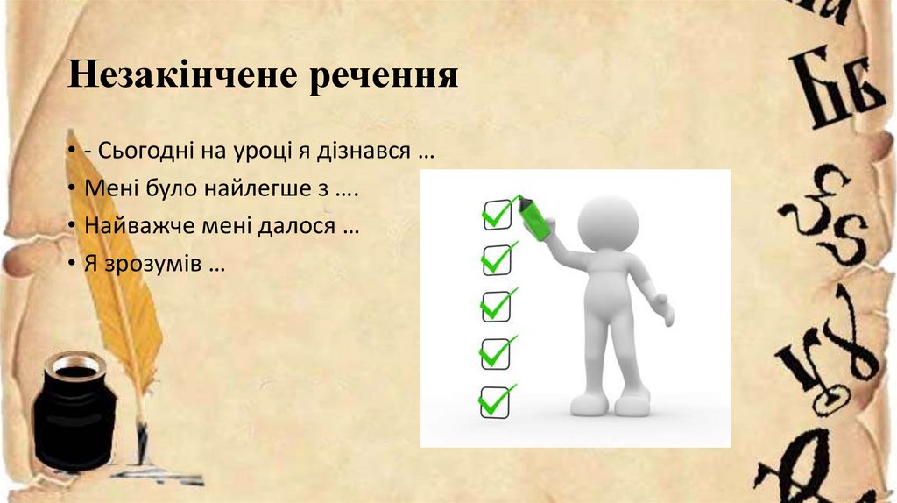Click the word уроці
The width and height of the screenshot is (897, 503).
click(x=262, y=152)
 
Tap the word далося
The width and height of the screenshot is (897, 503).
click(x=297, y=226)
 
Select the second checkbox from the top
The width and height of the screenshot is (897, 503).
click(x=497, y=259)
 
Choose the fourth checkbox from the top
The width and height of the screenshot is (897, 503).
click(x=495, y=353)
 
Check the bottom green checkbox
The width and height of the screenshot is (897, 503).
click(x=494, y=400)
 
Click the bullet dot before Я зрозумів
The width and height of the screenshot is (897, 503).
click(x=68, y=264)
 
